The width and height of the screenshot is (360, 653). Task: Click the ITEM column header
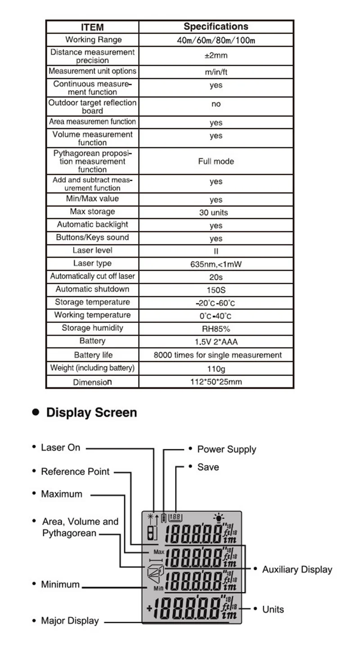[92, 27]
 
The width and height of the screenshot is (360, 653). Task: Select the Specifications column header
[216, 27]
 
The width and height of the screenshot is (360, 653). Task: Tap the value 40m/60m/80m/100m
[216, 40]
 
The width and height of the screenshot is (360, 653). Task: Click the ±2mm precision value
[216, 56]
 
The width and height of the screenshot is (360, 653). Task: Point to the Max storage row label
[92, 212]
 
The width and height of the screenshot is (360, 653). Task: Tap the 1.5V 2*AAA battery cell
[216, 342]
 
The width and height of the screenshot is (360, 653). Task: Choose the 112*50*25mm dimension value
[216, 382]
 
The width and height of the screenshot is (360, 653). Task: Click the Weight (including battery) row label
[92, 368]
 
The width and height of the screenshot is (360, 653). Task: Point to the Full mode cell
[216, 161]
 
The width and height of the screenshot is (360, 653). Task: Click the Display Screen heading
[91, 412]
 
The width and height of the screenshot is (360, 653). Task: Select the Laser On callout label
[60, 447]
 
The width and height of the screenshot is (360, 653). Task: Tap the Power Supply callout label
[226, 449]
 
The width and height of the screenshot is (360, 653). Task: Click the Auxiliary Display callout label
[297, 570]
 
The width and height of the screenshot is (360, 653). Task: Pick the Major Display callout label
[70, 621]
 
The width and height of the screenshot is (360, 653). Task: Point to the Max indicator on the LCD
[158, 551]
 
